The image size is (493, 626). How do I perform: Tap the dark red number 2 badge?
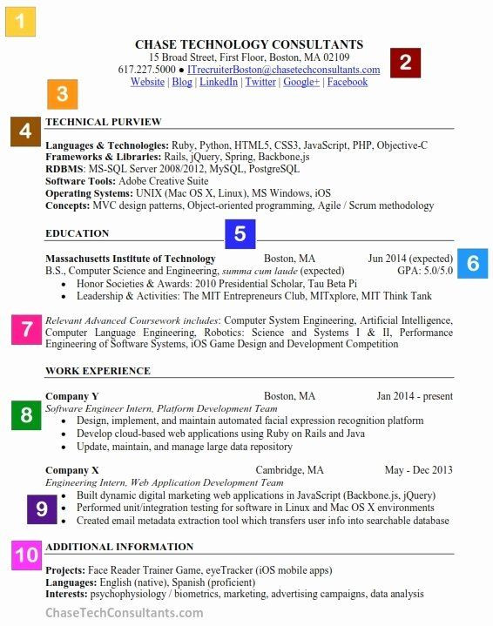click(x=405, y=63)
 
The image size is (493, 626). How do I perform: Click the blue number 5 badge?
click(x=240, y=233)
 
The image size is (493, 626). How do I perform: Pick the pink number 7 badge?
click(x=26, y=328)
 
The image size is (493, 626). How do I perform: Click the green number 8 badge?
click(x=26, y=415)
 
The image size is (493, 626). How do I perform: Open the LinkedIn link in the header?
click(x=218, y=82)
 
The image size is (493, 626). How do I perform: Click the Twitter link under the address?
click(x=260, y=82)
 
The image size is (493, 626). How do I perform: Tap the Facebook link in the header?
click(x=347, y=82)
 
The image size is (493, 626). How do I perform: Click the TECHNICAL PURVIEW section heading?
click(x=103, y=122)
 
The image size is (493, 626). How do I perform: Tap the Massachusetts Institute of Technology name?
click(x=130, y=259)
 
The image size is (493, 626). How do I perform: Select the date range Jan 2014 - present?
click(x=415, y=396)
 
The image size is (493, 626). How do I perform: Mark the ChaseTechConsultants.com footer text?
click(x=124, y=613)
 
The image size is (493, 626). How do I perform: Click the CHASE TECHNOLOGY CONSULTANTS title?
click(x=249, y=44)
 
